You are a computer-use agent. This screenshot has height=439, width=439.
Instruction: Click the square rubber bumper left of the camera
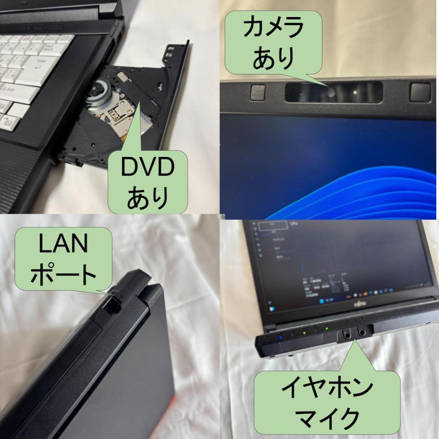click(x=258, y=92)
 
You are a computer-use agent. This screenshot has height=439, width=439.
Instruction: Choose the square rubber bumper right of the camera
click(x=419, y=92)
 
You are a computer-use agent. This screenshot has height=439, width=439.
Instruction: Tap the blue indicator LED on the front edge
click(x=280, y=337)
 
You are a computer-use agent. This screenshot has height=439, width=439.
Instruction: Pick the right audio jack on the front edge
click(x=361, y=333)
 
